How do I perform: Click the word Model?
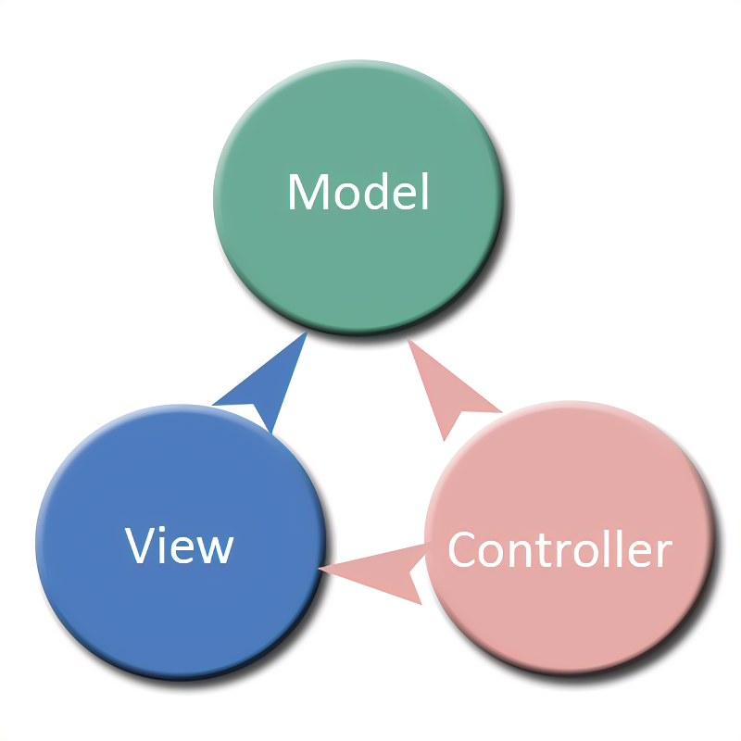(358, 192)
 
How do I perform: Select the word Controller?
(559, 549)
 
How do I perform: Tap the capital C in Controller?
(462, 550)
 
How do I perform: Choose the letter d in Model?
(380, 192)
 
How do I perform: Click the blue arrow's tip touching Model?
(303, 337)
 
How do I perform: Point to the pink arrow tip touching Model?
(411, 345)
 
